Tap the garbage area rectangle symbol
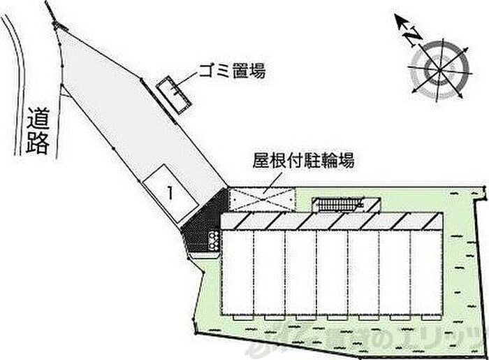[172, 93]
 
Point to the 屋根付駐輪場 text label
[302, 161]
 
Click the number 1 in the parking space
[168, 190]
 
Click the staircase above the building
[338, 203]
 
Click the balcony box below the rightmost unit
[428, 318]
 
